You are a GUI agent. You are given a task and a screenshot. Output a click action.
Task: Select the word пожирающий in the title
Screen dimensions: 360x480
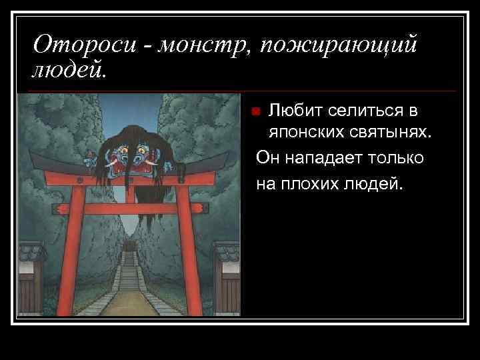point(339,45)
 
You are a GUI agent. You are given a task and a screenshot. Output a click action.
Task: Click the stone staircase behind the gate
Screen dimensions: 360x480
point(128,273)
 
